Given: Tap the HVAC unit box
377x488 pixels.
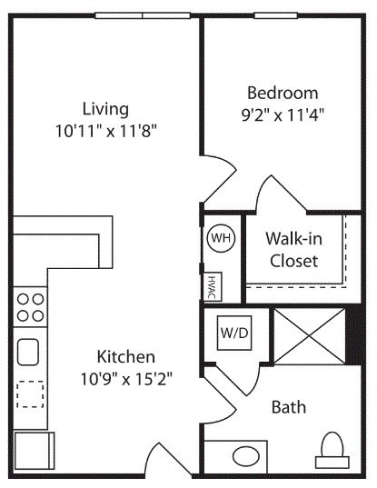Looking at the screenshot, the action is tap(213, 286).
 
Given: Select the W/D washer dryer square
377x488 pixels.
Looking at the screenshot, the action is tap(234, 333).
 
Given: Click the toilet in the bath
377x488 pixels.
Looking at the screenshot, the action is tap(332, 451).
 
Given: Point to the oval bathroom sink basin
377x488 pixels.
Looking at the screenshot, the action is tap(246, 456).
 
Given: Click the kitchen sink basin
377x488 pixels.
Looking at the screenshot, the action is tap(28, 352).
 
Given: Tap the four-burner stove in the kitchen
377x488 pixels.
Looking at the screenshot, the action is tap(30, 307).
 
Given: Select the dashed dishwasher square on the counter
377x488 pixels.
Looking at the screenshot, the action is tap(30, 394).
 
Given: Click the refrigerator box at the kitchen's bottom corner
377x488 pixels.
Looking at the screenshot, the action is tap(35, 451).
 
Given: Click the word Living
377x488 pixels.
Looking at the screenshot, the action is tap(105, 109).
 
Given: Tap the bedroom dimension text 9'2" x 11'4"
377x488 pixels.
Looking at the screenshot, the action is tap(283, 115).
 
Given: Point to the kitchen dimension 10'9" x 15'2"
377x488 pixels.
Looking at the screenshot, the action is tap(126, 379).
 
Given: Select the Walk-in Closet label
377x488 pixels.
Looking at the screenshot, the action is tap(294, 250).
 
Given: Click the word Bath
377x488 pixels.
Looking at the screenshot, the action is tap(289, 407).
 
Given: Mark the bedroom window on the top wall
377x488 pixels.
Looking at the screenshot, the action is tap(276, 15).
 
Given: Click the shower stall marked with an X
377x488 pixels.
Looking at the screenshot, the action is tap(310, 336).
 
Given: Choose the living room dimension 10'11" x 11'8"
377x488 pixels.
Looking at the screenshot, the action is tap(105, 131).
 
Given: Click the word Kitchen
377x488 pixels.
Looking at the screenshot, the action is tap(126, 356).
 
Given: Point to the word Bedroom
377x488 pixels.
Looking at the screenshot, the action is tap(283, 93).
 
